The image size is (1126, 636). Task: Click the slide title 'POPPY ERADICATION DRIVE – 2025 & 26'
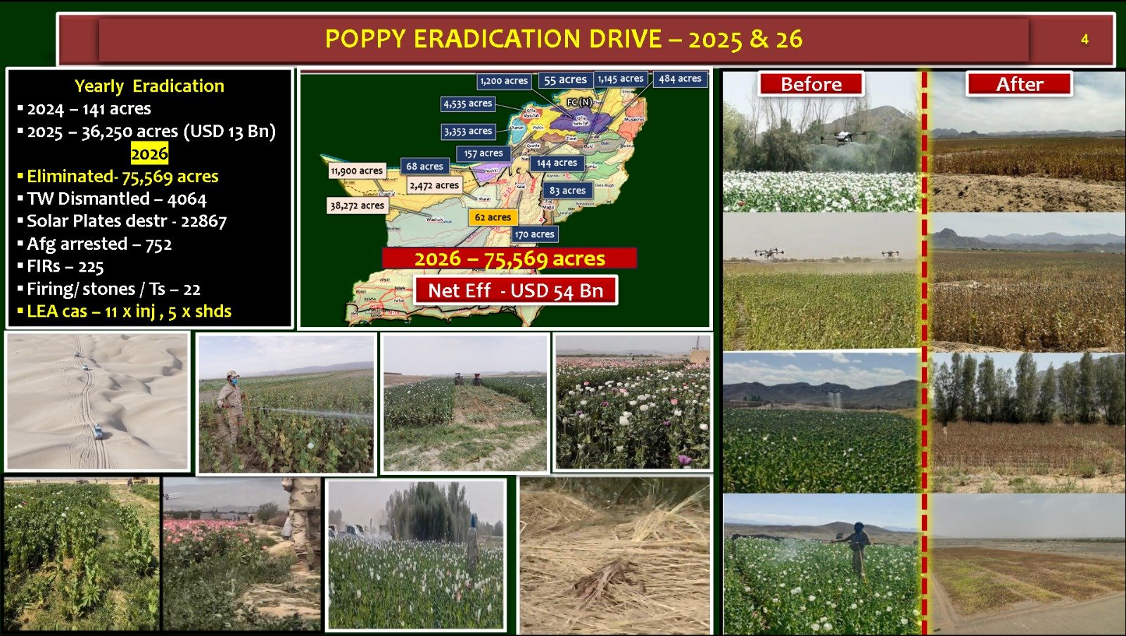click(x=563, y=39)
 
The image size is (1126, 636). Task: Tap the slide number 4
click(x=1084, y=39)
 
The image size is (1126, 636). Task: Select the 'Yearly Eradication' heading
click(x=149, y=87)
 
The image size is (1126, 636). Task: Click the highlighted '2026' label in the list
click(x=149, y=153)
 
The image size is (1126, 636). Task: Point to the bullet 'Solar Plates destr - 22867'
click(x=127, y=222)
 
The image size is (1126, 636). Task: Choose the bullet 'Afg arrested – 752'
click(x=99, y=244)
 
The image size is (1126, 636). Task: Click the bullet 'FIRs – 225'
click(x=65, y=267)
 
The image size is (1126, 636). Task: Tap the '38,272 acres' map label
click(x=358, y=205)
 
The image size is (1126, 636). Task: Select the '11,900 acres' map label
click(x=357, y=170)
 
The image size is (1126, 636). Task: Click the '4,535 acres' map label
click(x=468, y=103)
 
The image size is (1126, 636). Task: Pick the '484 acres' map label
click(x=680, y=79)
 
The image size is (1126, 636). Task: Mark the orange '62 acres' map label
click(x=493, y=217)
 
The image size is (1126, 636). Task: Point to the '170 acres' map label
click(x=534, y=234)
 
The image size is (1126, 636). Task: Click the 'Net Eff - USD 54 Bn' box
click(x=515, y=291)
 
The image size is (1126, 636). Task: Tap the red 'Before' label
click(x=811, y=84)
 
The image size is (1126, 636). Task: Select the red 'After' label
click(x=1019, y=84)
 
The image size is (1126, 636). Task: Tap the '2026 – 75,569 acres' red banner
click(x=510, y=258)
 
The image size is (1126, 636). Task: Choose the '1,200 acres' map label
click(x=504, y=81)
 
